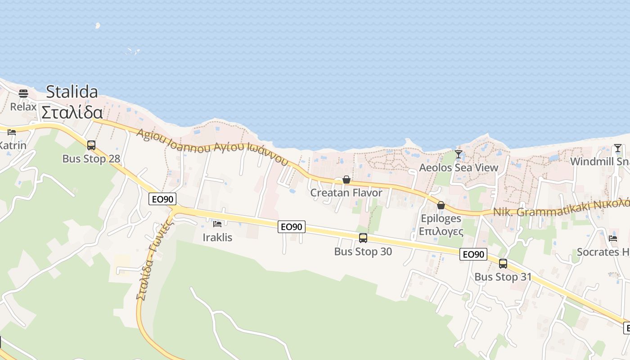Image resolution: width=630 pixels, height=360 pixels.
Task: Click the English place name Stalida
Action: pos(72,92)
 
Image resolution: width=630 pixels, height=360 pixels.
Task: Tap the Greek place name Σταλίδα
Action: pos(72,112)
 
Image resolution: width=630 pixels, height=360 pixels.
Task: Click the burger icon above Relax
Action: pos(23,94)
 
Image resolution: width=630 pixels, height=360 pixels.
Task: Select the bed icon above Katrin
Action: pos(12,132)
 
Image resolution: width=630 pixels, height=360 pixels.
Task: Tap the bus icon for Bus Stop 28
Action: pos(91,145)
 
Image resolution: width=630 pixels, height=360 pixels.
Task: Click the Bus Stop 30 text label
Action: pos(363,252)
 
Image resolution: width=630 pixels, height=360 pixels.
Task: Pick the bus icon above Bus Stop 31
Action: pos(503,264)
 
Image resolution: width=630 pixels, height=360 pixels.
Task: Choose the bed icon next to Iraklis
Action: pos(217,224)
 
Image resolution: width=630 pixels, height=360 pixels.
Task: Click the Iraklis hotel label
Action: pos(217,237)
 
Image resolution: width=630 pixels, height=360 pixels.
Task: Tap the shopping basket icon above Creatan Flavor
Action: pos(346,180)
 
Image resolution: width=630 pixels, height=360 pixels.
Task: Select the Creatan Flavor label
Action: pos(346,193)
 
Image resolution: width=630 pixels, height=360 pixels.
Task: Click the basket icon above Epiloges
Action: pos(441,206)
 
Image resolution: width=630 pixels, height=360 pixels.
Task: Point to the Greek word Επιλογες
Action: pos(441,231)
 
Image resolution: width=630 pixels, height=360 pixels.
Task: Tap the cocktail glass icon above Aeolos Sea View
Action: pos(459,154)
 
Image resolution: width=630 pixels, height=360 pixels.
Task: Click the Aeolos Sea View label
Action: pos(459,168)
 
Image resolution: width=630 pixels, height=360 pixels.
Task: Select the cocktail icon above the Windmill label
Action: pos(618,148)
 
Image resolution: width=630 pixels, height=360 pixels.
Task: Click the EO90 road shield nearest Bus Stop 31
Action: pos(473,255)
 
